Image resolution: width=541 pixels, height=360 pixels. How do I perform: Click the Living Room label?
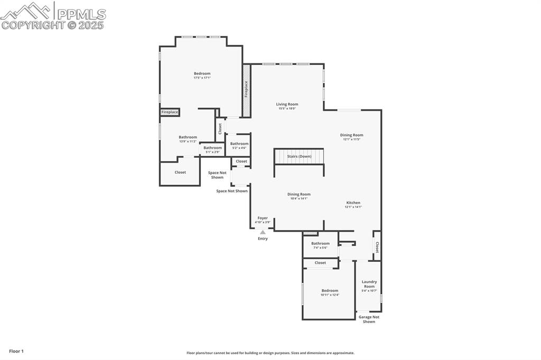coord(287,105)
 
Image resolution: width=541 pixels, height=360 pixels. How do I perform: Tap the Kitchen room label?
coord(353,203)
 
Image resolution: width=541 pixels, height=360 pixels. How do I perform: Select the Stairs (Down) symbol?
coord(299,157)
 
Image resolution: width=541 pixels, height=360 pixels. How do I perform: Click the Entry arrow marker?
coord(263,232)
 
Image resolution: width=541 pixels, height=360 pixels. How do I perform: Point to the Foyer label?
coord(263,218)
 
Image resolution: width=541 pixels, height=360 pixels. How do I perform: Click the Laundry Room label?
coord(369,284)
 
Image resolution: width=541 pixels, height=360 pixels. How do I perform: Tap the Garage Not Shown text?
coord(369,319)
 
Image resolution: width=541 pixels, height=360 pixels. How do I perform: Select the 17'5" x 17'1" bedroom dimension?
coord(202,78)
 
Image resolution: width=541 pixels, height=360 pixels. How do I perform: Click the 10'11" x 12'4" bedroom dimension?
coord(330,295)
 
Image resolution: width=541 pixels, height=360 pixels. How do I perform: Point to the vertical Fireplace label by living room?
coord(246,89)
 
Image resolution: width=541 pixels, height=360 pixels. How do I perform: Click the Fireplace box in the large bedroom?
coord(170,112)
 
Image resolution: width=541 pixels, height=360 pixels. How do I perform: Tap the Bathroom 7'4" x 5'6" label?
coord(320,243)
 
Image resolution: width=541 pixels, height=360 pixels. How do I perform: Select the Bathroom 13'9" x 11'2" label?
coord(188,137)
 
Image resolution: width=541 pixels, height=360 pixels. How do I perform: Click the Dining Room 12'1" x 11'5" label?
coord(351,135)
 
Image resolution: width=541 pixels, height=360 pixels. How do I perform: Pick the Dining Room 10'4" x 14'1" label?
coord(299,194)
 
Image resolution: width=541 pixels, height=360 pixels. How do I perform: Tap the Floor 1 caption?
coord(16,351)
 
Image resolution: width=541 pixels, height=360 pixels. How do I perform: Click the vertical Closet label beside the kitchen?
coord(377,247)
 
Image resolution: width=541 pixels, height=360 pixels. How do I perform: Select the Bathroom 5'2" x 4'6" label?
coord(239,144)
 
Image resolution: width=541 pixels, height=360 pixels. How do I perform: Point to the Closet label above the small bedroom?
coord(320,263)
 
